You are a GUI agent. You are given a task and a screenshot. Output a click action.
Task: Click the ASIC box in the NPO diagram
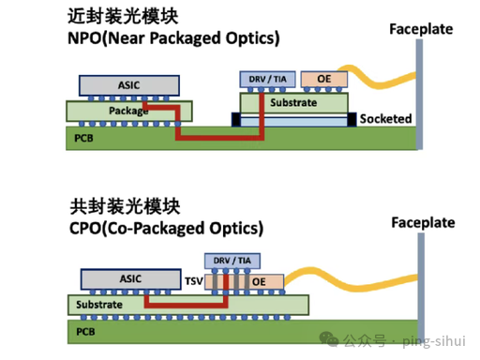[x=129, y=85]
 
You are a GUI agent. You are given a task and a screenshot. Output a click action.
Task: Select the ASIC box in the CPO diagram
[x=131, y=278]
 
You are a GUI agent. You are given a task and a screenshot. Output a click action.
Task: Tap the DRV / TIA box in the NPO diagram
[x=267, y=80]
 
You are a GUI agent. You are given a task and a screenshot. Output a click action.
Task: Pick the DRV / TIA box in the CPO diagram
[x=232, y=261]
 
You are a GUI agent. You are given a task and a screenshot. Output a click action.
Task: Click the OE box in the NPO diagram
[x=324, y=79]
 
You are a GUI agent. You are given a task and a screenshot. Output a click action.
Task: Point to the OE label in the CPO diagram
[x=259, y=282]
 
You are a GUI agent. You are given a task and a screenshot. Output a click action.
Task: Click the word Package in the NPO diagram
[x=128, y=111]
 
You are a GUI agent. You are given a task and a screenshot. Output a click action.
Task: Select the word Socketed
[x=385, y=119]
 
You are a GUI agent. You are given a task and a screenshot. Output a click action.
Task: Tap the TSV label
[x=194, y=281]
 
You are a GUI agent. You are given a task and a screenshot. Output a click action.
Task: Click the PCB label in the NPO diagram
[x=83, y=138]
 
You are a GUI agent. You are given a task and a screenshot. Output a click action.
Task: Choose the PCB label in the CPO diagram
[x=85, y=332]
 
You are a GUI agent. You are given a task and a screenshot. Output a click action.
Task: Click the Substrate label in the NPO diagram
[x=293, y=102]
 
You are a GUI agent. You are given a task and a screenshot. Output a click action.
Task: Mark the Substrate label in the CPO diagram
[x=99, y=305]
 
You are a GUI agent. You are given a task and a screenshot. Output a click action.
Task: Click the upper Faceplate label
[x=421, y=29]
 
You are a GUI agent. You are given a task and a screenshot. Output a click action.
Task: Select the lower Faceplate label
[x=423, y=223]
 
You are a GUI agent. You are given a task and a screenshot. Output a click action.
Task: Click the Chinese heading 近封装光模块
[x=123, y=16]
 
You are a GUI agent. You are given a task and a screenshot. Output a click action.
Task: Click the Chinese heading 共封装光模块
[x=125, y=206]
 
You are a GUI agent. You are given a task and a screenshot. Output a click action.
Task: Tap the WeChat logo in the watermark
[x=329, y=339]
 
